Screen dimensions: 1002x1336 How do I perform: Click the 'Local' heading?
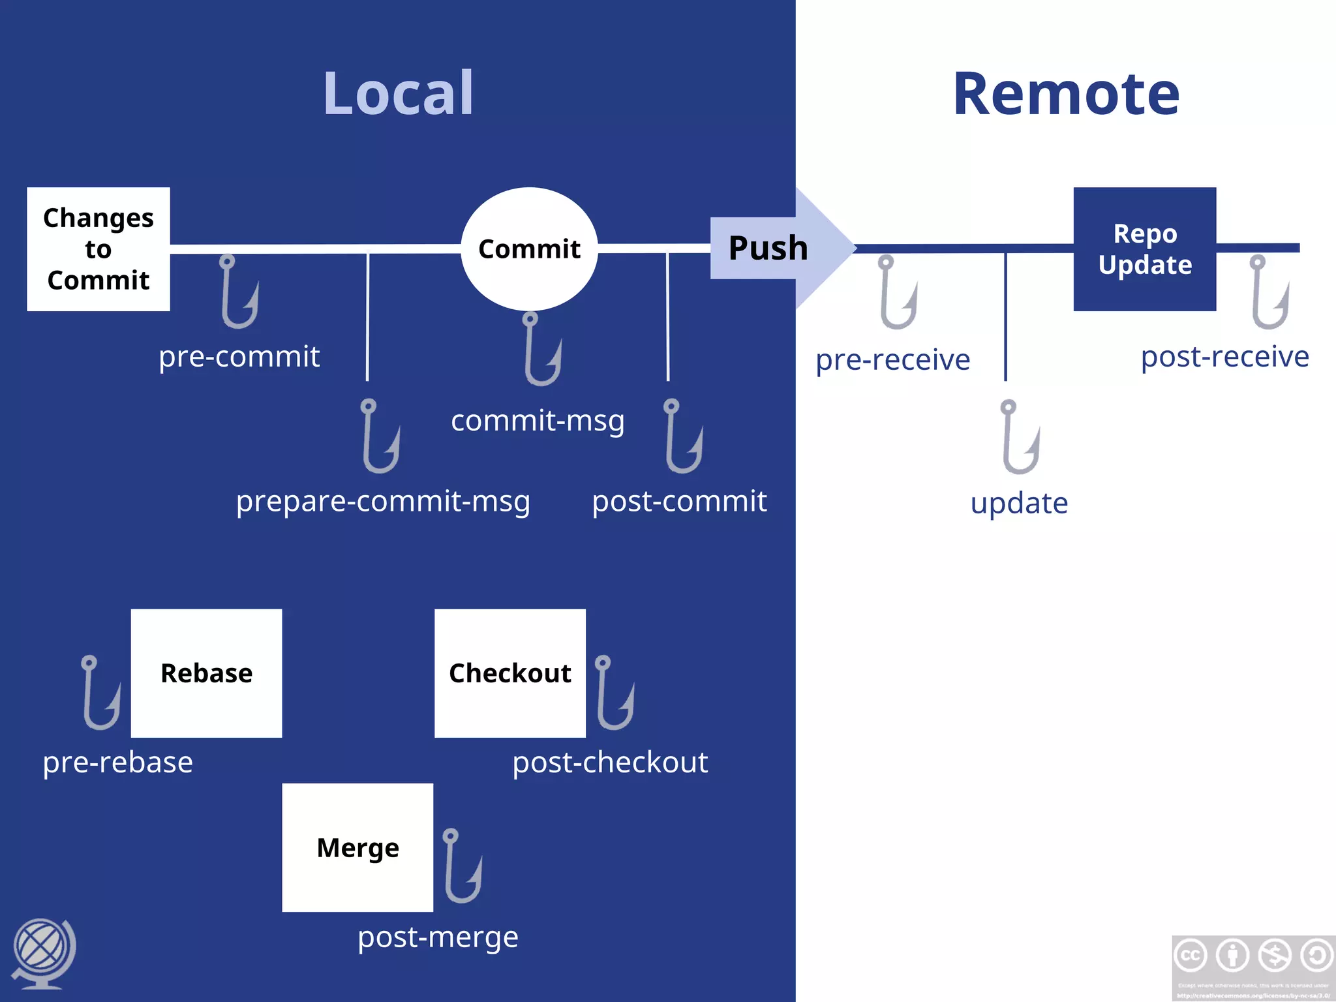398,94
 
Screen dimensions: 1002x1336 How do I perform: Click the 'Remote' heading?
1066,94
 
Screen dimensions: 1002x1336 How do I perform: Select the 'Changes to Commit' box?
99,249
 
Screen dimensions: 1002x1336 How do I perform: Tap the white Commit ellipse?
529,249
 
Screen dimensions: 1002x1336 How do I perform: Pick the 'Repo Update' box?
1144,249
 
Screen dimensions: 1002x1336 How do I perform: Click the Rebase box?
206,673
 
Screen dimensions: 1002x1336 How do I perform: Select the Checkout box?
509,673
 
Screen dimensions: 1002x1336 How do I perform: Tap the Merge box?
357,847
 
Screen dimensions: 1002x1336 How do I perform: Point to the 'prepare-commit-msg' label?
383,501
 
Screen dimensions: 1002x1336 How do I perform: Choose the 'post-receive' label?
1224,357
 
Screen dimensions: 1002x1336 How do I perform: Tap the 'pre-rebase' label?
117,762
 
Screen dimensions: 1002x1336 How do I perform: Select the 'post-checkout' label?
610,762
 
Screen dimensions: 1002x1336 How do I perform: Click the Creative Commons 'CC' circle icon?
1191,956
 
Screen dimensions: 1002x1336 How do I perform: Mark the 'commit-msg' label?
538,421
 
